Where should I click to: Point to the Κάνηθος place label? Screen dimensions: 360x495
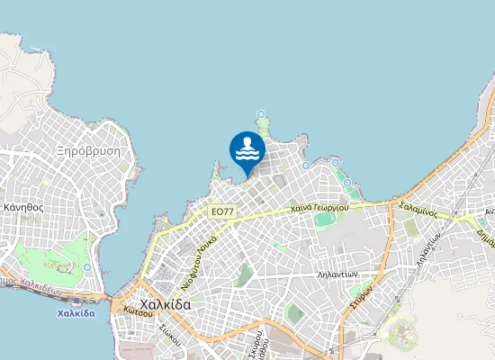coord(24,206)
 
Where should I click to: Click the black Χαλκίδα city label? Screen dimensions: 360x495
coord(166,305)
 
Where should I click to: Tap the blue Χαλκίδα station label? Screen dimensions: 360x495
coord(76,313)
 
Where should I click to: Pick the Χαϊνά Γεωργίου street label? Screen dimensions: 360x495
coord(319,209)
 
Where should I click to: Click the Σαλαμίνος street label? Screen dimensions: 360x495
coord(418,210)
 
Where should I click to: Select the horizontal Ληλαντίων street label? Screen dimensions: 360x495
coord(339,274)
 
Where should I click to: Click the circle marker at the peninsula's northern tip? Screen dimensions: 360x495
coord(262,114)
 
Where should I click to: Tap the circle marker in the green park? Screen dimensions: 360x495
coord(86,267)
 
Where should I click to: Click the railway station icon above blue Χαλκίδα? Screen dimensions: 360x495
coord(75,300)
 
